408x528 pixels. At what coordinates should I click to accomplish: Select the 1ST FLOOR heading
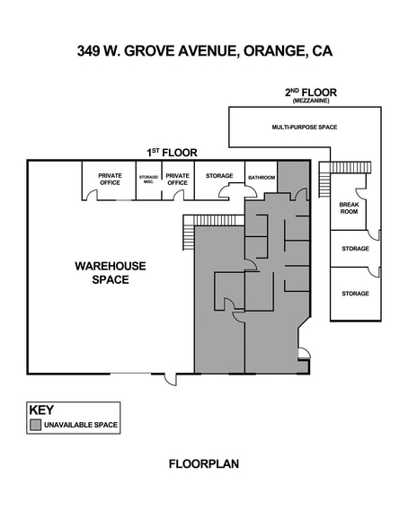click(x=172, y=153)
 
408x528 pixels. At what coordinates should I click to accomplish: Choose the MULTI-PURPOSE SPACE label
click(x=304, y=128)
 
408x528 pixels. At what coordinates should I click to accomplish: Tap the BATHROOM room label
click(x=262, y=177)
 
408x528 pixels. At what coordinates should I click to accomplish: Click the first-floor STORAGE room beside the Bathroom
click(x=219, y=176)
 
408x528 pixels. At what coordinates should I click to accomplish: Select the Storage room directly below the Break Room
click(x=354, y=248)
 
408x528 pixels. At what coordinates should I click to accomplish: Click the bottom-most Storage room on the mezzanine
click(x=354, y=294)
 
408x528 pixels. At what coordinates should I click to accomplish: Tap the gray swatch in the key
click(x=36, y=424)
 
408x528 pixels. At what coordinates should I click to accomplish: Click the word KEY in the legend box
click(x=41, y=408)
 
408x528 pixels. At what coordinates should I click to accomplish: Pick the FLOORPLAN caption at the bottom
click(x=203, y=464)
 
